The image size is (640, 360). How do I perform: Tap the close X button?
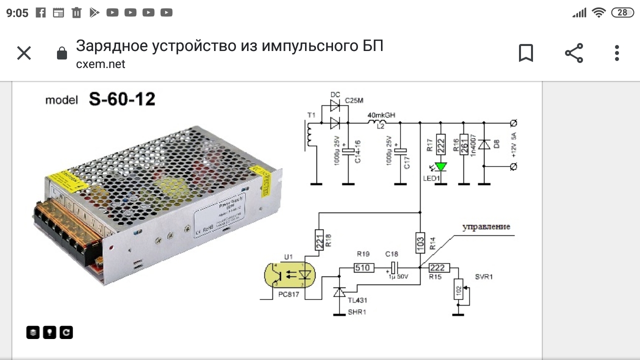pos(24,53)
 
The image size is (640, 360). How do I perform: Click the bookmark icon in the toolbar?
pos(526,53)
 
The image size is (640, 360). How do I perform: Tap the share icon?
pos(574,53)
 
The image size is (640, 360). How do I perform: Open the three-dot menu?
pos(617,53)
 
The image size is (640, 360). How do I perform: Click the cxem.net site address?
pos(100,64)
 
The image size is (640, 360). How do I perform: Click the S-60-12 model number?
pos(122,99)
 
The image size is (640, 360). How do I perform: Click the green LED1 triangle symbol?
pos(440,166)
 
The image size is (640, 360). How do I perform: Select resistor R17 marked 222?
pos(440,145)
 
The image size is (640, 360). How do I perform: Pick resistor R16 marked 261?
pos(464,145)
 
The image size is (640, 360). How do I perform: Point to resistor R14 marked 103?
pos(420,243)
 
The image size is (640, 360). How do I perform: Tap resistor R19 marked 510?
pos(362,268)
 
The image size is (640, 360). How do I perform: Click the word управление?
pos(486,227)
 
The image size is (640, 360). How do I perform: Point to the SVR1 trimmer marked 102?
pos(458,288)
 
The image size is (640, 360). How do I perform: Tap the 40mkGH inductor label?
pos(381,115)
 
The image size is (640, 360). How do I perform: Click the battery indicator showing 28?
pos(622,12)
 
